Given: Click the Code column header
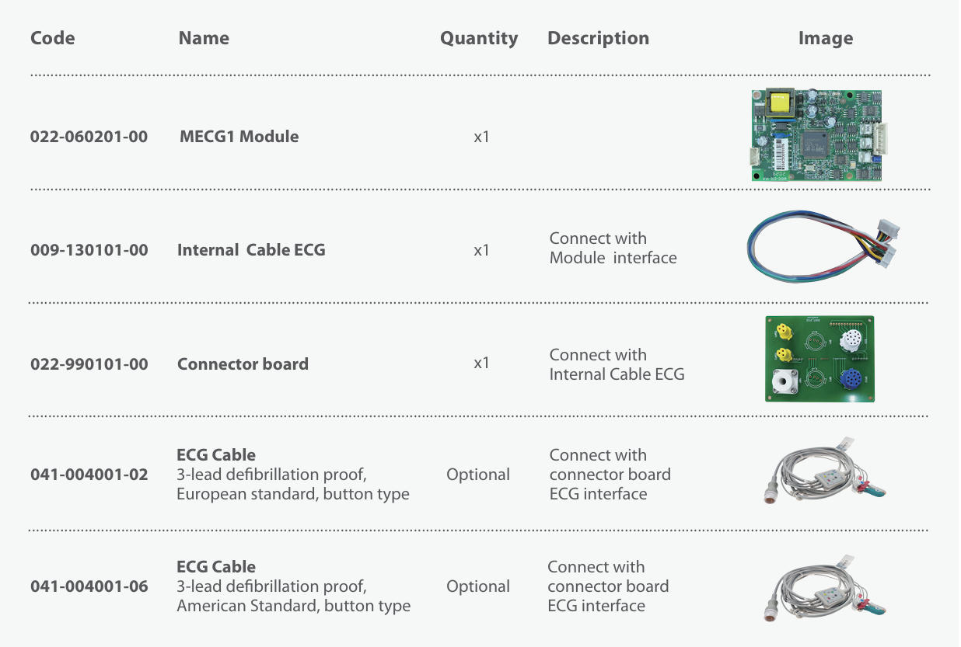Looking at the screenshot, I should click(x=53, y=38).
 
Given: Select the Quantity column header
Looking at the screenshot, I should click(x=479, y=38).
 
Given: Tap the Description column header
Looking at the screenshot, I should click(x=598, y=38).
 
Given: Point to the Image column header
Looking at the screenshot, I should click(x=825, y=38).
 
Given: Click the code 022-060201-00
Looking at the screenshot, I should click(x=89, y=137).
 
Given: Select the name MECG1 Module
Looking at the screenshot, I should click(x=239, y=137).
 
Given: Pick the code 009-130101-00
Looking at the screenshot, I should click(x=89, y=250).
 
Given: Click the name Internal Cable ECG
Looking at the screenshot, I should click(x=251, y=250).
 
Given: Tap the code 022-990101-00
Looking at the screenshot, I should click(x=89, y=364).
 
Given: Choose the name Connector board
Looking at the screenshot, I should click(x=243, y=364).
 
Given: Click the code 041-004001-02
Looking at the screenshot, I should click(x=89, y=475).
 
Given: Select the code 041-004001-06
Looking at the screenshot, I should click(x=89, y=586).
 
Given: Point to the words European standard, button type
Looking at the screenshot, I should click(x=293, y=494).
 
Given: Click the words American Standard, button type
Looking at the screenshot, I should click(x=294, y=606).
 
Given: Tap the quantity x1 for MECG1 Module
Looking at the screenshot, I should click(x=481, y=137).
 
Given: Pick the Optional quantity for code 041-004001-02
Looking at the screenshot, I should click(x=478, y=475).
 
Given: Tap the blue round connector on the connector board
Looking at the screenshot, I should click(x=851, y=380).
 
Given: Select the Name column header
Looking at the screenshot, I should click(x=204, y=38).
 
